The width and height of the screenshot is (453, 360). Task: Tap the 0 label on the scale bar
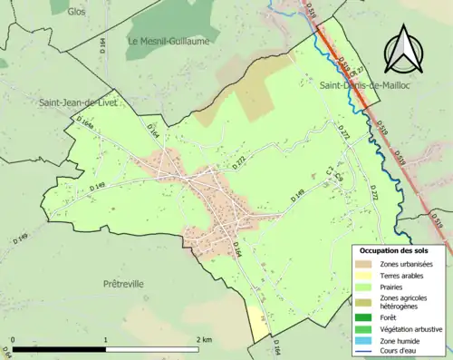(13, 338)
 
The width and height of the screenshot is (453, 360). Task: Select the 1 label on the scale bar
(106, 338)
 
